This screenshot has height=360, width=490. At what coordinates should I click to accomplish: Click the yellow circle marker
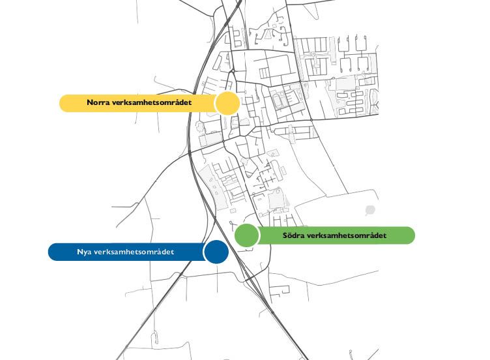tap(228, 103)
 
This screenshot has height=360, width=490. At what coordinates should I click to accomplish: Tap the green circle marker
tap(246, 235)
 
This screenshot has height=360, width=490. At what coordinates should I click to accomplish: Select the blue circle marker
tap(216, 252)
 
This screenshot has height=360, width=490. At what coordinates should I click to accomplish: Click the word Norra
tap(98, 102)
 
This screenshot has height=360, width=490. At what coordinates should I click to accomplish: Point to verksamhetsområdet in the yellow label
tap(151, 102)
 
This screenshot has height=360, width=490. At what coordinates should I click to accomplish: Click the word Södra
tap(293, 235)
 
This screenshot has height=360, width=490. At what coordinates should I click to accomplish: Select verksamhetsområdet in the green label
tap(347, 235)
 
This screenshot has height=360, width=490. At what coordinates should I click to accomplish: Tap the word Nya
tap(84, 252)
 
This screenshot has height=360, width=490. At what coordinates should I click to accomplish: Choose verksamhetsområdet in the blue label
tap(134, 252)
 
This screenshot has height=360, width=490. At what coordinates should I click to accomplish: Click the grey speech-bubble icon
tap(370, 210)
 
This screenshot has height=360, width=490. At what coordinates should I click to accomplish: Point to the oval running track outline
tap(276, 100)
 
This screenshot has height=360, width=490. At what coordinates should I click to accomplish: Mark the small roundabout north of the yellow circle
tap(233, 71)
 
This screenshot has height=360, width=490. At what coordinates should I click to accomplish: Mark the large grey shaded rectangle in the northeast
tap(345, 84)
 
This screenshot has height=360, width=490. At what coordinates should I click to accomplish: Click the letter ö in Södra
tap(290, 235)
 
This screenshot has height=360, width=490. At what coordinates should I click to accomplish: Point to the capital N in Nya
tap(80, 252)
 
